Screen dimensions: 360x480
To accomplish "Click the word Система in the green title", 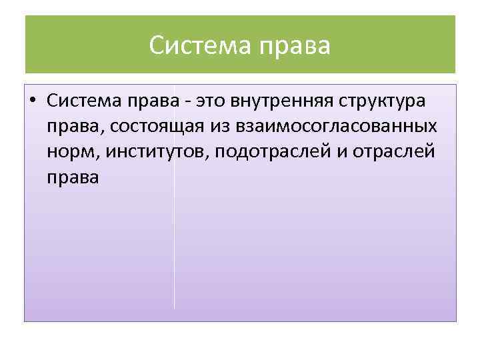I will (195, 46).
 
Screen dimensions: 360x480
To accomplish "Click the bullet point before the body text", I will (32, 101).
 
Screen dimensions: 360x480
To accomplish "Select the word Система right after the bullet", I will (83, 101).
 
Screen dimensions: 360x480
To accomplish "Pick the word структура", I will (386, 101).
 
